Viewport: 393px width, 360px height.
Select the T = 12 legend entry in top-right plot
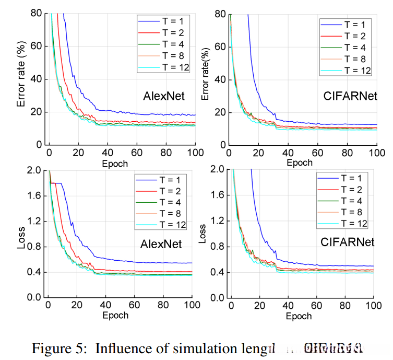click(347, 70)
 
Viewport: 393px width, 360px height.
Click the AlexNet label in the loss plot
click(161, 244)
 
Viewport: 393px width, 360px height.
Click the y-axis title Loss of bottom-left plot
click(21, 236)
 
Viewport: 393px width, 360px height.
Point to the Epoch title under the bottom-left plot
click(115, 316)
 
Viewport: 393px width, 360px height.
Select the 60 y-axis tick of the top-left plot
click(35, 46)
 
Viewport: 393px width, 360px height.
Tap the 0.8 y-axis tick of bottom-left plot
click(33, 247)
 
